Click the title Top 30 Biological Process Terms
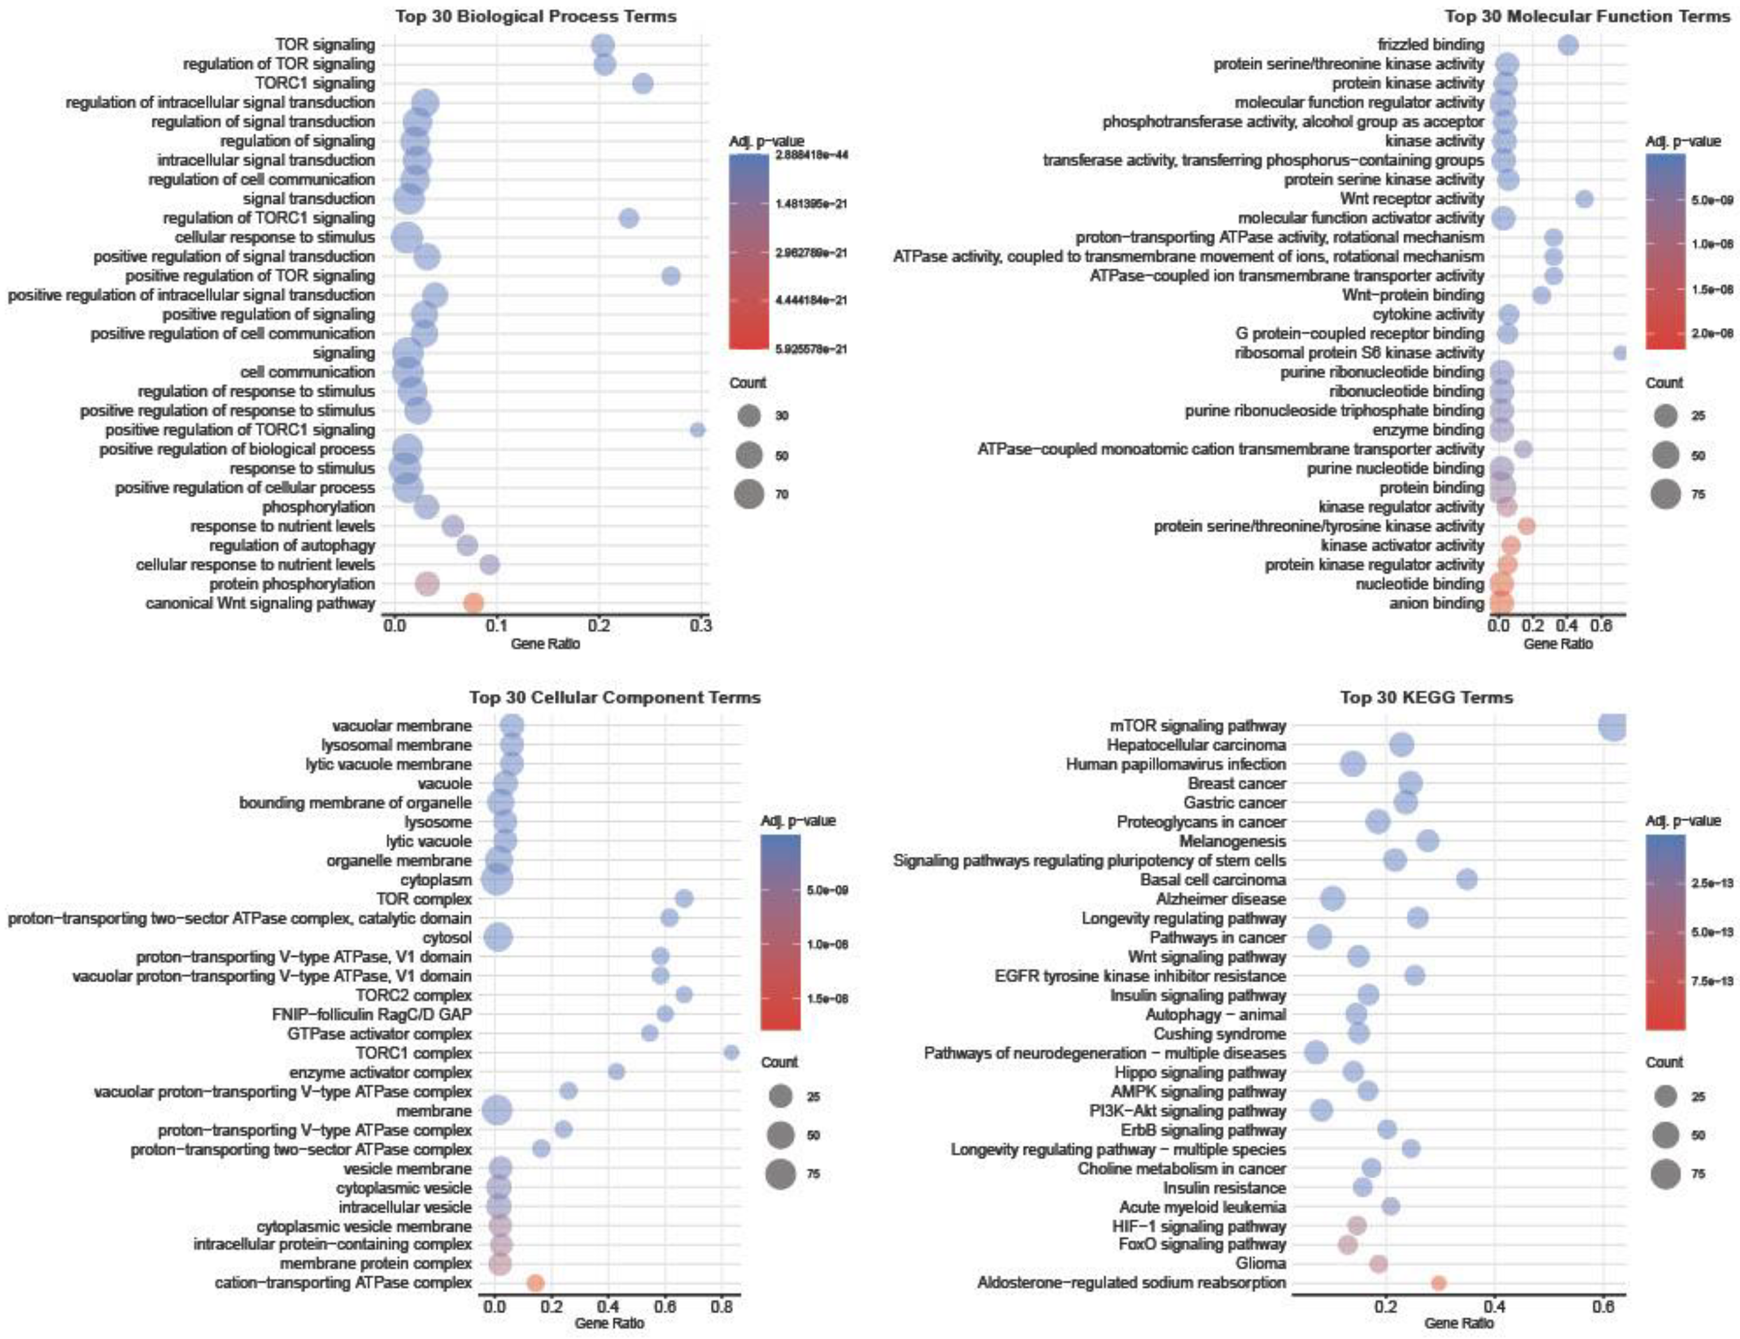[x=535, y=16]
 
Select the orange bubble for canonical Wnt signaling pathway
[x=473, y=603]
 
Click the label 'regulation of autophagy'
[x=291, y=546]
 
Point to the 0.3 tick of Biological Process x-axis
[x=700, y=627]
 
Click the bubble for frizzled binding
[x=1568, y=45]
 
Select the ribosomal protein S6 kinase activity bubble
[x=1619, y=353]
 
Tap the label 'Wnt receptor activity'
[x=1412, y=199]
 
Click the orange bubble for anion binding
[x=1500, y=603]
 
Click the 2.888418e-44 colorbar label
[x=811, y=156]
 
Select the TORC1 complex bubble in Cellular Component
[x=731, y=1053]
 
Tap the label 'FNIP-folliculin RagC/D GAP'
[x=372, y=1014]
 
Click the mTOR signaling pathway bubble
[x=1613, y=725]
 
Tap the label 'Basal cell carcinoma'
[x=1213, y=880]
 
